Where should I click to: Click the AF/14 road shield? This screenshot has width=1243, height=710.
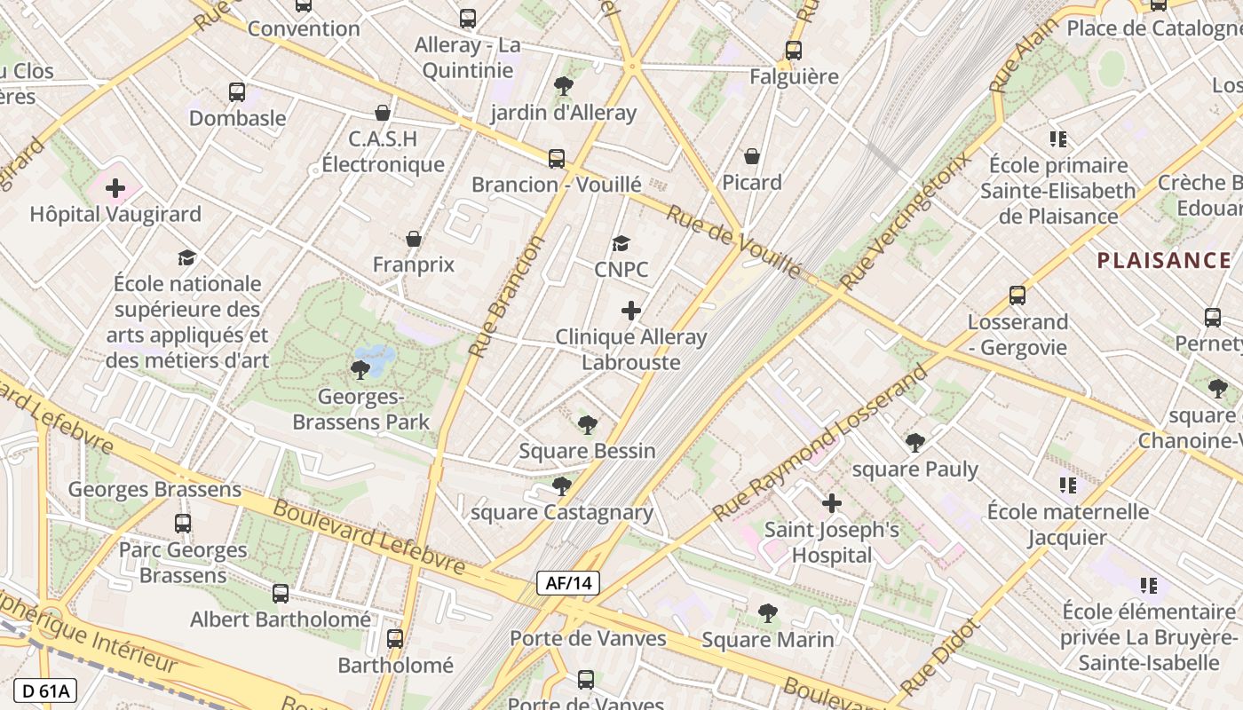[568, 583]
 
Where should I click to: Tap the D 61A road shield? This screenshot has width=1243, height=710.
[45, 690]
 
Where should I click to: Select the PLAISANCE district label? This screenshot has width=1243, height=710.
[1164, 260]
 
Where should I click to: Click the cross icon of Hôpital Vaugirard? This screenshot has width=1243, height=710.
[115, 188]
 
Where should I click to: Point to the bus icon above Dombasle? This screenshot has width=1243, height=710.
[237, 91]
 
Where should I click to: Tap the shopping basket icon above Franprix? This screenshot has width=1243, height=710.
[414, 239]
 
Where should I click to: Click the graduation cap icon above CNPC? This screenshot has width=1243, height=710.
[621, 243]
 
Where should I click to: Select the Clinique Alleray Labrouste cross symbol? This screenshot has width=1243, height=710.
[631, 311]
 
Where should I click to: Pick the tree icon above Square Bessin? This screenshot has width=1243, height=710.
[587, 424]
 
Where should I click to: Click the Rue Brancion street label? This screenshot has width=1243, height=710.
[506, 296]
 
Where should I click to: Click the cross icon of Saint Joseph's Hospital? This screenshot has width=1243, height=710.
[832, 503]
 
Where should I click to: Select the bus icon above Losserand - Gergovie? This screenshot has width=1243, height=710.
[1017, 296]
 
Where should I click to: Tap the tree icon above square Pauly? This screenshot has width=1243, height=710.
[915, 443]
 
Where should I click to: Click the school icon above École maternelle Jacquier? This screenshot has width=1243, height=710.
[1068, 485]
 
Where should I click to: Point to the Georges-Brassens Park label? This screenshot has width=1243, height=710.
[361, 409]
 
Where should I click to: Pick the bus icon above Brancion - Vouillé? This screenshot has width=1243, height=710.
[557, 159]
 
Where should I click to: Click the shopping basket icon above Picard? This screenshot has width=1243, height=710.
[752, 156]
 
